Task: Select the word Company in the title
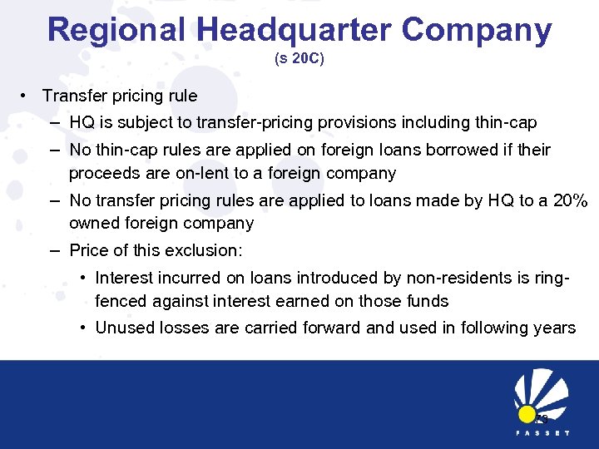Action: point(477,30)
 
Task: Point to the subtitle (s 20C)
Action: point(299,60)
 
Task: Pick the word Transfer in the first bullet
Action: point(75,96)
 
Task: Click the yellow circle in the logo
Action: point(527,415)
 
